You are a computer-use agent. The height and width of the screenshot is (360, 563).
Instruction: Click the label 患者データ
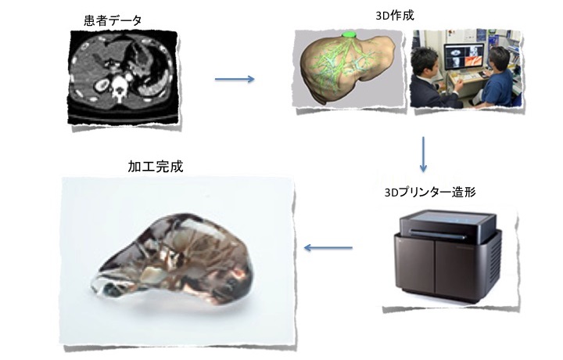113,20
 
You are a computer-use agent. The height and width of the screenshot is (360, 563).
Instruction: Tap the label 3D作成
395,16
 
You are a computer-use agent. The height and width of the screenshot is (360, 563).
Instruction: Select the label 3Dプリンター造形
430,193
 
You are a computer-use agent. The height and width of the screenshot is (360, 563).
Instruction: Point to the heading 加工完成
156,167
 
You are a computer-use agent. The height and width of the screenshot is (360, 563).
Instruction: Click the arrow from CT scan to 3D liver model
235,79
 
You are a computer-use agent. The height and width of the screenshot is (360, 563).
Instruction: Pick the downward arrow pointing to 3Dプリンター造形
423,154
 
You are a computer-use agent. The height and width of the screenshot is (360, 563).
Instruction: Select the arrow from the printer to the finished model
328,247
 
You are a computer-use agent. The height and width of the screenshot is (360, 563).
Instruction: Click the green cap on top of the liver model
349,34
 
